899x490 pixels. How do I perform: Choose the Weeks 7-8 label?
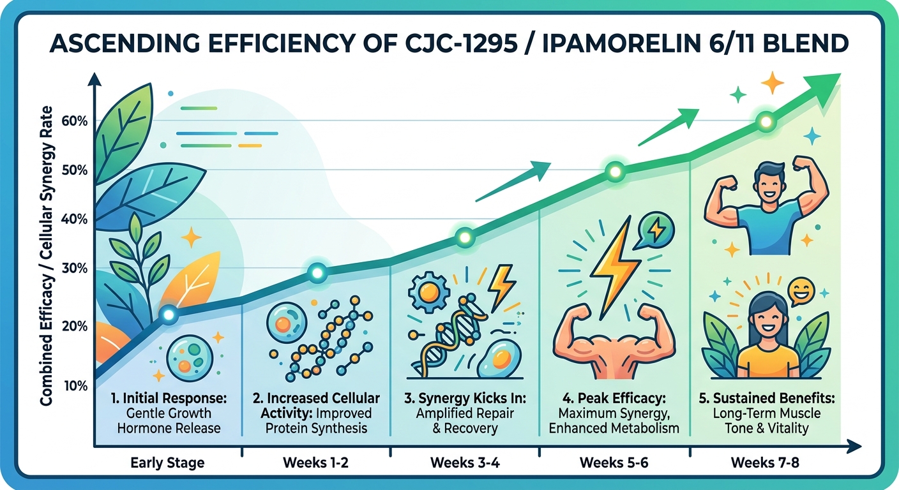764,461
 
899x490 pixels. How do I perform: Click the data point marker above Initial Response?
168,314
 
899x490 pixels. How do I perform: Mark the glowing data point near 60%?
765,121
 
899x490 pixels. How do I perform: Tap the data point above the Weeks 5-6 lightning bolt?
614,171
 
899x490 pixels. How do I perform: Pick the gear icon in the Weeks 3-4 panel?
425,293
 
